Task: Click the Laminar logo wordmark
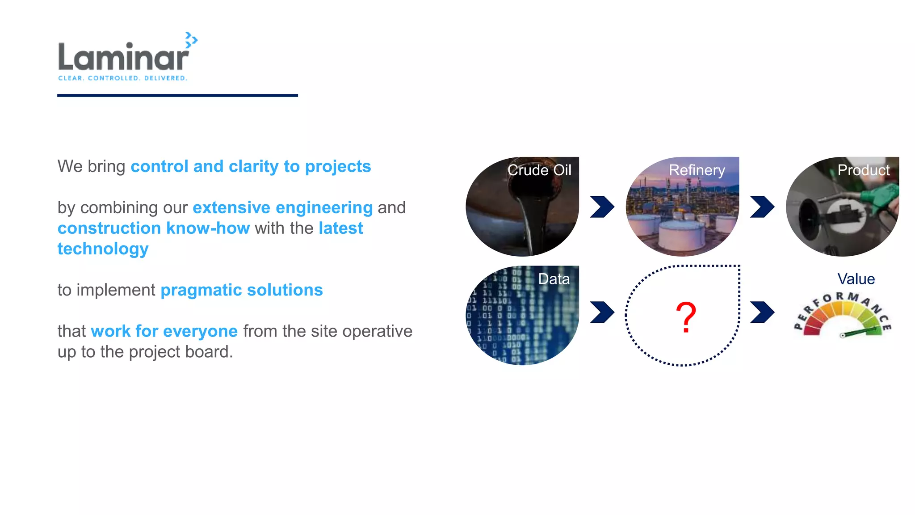(123, 57)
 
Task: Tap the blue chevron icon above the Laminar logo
(191, 40)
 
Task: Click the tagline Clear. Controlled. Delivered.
(123, 78)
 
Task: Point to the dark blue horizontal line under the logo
(177, 95)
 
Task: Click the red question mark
(685, 317)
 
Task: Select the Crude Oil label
(539, 170)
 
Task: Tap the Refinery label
(697, 170)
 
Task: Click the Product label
(863, 170)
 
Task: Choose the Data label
(554, 279)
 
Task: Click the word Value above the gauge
(856, 279)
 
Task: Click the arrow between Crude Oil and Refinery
(602, 207)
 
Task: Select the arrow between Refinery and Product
(762, 207)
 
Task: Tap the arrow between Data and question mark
(602, 312)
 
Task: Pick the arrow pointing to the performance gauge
(762, 312)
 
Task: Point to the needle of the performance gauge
(860, 332)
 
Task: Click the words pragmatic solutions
(241, 290)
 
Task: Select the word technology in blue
(103, 249)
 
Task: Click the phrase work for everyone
(164, 331)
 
